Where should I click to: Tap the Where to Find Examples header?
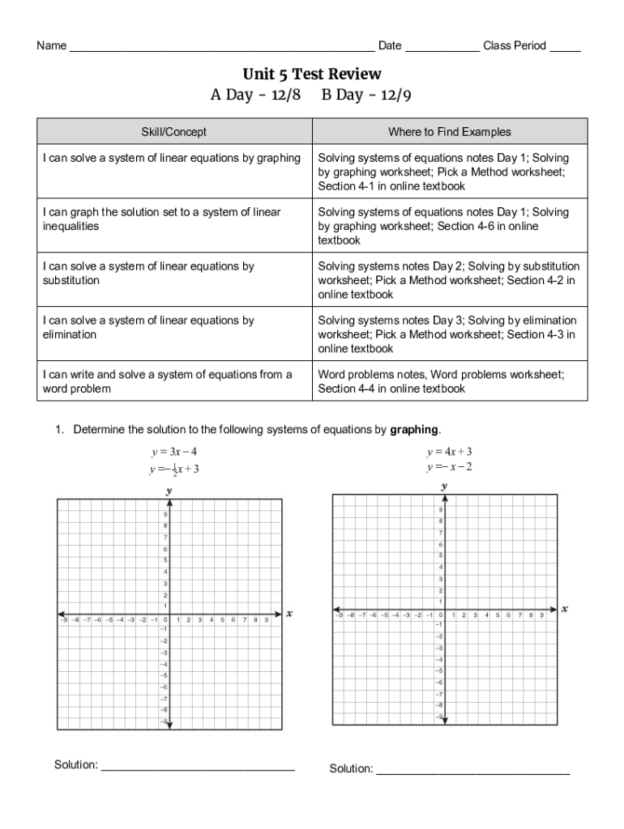[450, 131]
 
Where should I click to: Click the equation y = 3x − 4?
[173, 451]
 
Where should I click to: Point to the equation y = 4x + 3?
[450, 451]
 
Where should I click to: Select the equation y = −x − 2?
[450, 467]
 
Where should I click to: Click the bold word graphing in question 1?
[414, 429]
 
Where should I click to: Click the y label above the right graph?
[444, 487]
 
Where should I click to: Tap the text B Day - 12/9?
[367, 96]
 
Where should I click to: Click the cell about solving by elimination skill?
[173, 328]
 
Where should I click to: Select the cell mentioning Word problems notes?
[450, 381]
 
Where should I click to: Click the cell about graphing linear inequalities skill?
[173, 219]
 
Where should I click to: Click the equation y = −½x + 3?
[173, 469]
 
